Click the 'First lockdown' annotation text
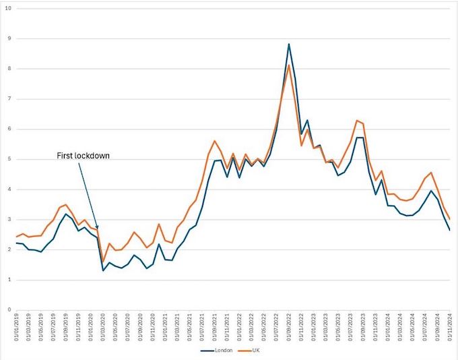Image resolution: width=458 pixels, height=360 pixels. (83, 156)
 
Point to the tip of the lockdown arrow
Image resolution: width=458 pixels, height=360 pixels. (98, 231)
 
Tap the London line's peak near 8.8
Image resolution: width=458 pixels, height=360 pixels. (288, 44)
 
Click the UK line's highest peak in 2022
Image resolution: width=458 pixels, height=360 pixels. (288, 65)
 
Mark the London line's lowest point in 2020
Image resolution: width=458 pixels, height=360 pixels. (103, 270)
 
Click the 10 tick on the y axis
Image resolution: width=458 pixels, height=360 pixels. (7, 9)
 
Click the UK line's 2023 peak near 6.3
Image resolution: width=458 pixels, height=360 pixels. (356, 121)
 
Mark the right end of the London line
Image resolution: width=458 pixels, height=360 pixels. (449, 230)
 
